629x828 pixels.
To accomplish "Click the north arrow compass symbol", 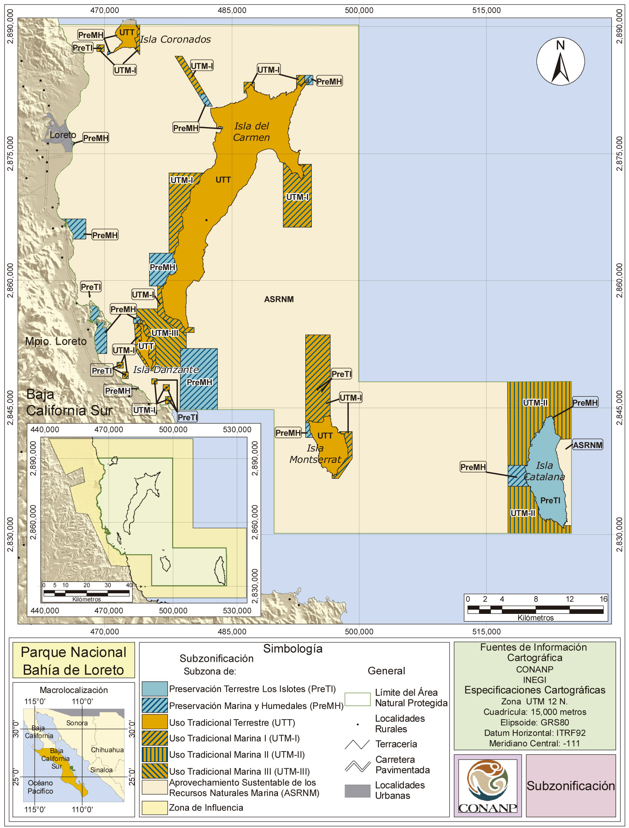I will click(x=560, y=62).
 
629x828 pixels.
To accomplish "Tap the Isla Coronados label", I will click(x=175, y=39).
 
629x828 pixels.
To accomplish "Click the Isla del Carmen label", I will click(x=251, y=132).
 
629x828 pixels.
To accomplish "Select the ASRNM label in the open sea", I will click(x=279, y=299).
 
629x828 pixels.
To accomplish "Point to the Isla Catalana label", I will click(x=544, y=471).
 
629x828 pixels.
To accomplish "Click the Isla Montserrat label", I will click(x=315, y=454).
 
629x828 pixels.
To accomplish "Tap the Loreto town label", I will click(x=63, y=135).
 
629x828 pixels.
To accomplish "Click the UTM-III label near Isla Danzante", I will click(x=164, y=333).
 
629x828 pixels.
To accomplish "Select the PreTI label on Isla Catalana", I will click(x=550, y=501).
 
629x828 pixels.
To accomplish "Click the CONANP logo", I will click(x=487, y=786).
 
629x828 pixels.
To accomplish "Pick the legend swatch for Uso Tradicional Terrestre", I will click(x=155, y=722).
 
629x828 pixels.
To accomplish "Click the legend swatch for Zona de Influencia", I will click(x=155, y=807).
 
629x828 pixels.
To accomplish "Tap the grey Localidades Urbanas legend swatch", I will click(x=357, y=791).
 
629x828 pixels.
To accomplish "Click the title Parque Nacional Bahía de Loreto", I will click(x=73, y=661).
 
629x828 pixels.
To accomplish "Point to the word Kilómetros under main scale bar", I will click(x=535, y=618).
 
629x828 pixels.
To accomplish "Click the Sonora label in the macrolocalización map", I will click(x=77, y=723).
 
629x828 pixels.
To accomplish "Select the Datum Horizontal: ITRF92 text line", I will click(x=535, y=733).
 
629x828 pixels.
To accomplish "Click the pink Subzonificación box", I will click(x=570, y=786).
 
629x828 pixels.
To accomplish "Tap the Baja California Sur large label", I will click(x=69, y=403).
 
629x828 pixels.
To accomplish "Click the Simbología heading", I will click(x=293, y=649).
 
